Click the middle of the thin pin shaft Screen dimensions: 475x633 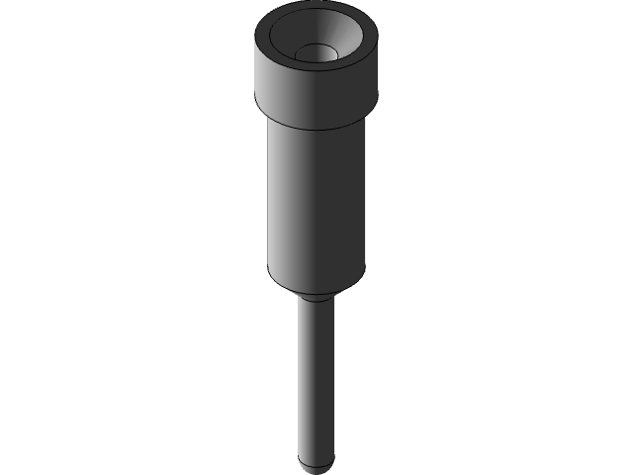(x=316, y=376)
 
